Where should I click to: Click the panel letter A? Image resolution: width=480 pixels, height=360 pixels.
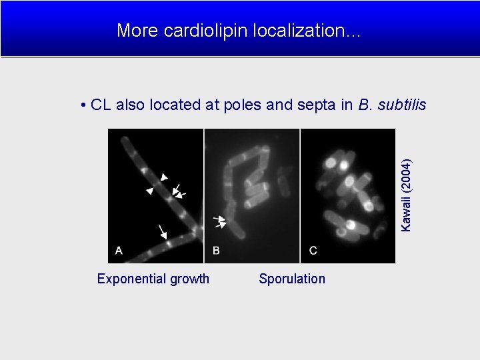[119, 251]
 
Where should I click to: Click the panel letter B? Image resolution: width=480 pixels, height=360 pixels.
[216, 251]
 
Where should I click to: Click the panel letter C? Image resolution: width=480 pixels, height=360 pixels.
[313, 251]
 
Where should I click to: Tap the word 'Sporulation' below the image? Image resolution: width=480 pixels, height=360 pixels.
[292, 279]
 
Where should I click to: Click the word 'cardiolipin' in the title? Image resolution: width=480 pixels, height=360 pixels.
[197, 30]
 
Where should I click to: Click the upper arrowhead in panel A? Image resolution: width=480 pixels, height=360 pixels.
[164, 177]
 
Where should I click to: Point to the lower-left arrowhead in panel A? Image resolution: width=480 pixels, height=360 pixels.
[150, 191]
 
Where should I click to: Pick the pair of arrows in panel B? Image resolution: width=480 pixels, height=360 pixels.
[220, 222]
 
